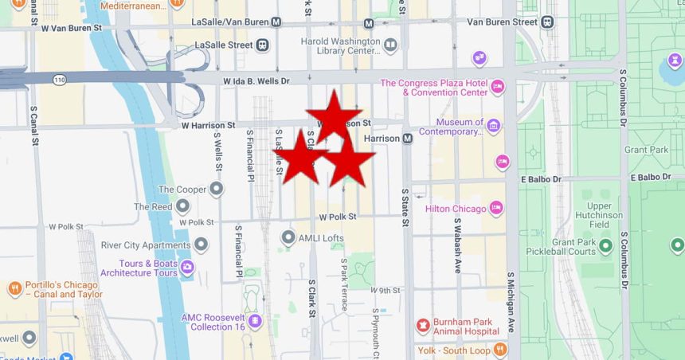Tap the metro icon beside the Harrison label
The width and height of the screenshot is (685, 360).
[x=407, y=139]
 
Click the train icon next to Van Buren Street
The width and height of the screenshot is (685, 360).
[x=546, y=22]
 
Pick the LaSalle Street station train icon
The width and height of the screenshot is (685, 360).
[x=262, y=45]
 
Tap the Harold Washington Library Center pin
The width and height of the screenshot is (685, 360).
[x=390, y=45]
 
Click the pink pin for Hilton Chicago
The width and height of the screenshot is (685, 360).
[x=497, y=208]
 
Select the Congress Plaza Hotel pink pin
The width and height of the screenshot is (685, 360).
[x=498, y=87]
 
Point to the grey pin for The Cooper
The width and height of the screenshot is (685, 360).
[x=215, y=190]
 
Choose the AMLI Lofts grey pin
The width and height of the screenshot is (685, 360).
[x=288, y=237]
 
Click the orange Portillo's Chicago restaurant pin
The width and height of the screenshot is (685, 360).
[x=14, y=288]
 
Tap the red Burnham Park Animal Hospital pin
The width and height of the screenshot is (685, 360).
[x=422, y=325]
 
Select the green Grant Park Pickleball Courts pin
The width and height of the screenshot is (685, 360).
[x=605, y=246]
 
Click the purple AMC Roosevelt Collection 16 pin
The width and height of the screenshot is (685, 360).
[x=255, y=322]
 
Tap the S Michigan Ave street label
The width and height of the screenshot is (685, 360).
[x=511, y=303]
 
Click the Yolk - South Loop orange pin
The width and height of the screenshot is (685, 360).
[x=499, y=349]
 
